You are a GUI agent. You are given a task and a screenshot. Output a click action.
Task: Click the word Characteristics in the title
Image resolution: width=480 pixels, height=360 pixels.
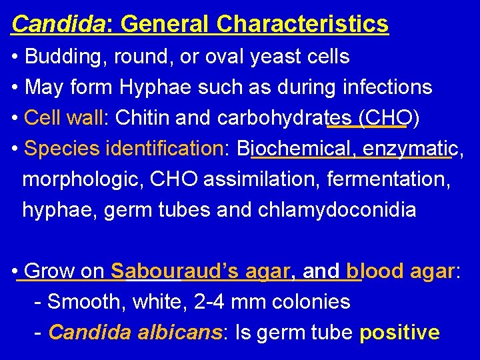coord(302,24)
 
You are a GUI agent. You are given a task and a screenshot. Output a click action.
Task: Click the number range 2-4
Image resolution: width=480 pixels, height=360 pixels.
coord(207,302)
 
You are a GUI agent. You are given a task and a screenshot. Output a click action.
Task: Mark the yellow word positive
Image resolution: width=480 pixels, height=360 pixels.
coord(399,332)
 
